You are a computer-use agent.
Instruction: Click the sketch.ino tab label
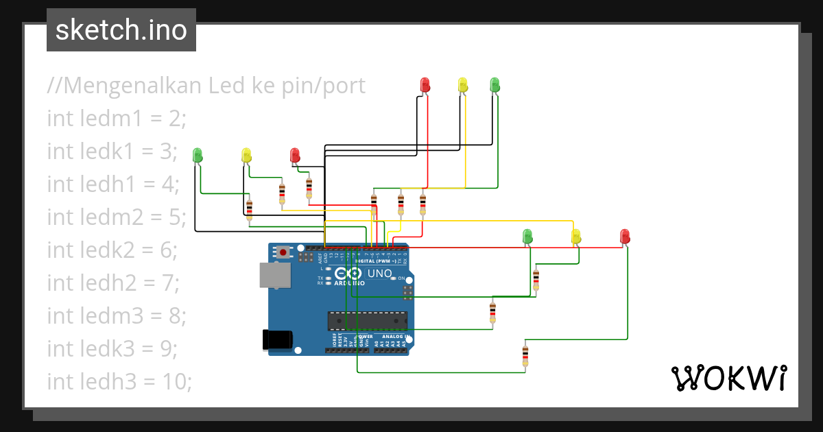[x=121, y=30]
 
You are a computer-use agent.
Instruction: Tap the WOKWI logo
[x=728, y=378]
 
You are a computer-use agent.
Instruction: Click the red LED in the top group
[x=425, y=85]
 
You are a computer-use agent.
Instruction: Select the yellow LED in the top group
[x=463, y=85]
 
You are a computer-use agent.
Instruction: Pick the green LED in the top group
[x=495, y=85]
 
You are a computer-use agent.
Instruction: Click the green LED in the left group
[x=198, y=155]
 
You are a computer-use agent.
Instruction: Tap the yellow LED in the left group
[x=247, y=155]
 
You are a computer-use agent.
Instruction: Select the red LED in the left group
[x=295, y=155]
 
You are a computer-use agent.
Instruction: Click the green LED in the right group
[x=527, y=237]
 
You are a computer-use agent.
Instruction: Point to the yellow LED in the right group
[x=576, y=237]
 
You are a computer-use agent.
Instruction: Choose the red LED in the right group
[x=624, y=237]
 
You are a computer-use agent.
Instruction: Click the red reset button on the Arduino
[x=283, y=252]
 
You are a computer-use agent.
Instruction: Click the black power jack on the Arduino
[x=278, y=339]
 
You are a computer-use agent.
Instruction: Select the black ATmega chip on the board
[x=368, y=320]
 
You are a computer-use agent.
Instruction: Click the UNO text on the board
[x=380, y=274]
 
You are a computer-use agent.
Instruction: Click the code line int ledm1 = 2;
[x=117, y=119]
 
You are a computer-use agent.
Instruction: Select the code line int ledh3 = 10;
[x=119, y=381]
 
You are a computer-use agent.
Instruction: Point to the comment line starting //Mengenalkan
[x=206, y=86]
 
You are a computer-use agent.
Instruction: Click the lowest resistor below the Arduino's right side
[x=525, y=355]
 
